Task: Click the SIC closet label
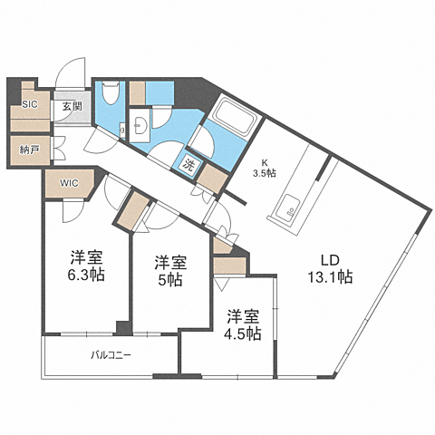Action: click(30, 104)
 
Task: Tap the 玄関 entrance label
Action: click(72, 106)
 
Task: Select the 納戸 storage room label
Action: click(30, 150)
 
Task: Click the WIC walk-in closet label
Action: click(69, 183)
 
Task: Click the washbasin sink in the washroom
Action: click(140, 125)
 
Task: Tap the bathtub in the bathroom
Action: click(234, 116)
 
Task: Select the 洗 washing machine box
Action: click(188, 166)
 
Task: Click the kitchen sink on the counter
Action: click(288, 206)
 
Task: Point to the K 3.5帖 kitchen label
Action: click(265, 169)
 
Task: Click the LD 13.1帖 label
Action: click(330, 268)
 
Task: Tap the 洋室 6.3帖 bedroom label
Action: click(86, 266)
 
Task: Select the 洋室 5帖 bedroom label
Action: click(170, 271)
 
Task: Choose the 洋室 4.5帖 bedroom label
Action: click(243, 325)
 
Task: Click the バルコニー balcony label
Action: click(111, 354)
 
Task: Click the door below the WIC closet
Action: click(73, 210)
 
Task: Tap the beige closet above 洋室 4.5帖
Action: click(229, 266)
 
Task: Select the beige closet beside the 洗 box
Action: click(212, 179)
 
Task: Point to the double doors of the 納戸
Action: click(59, 148)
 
